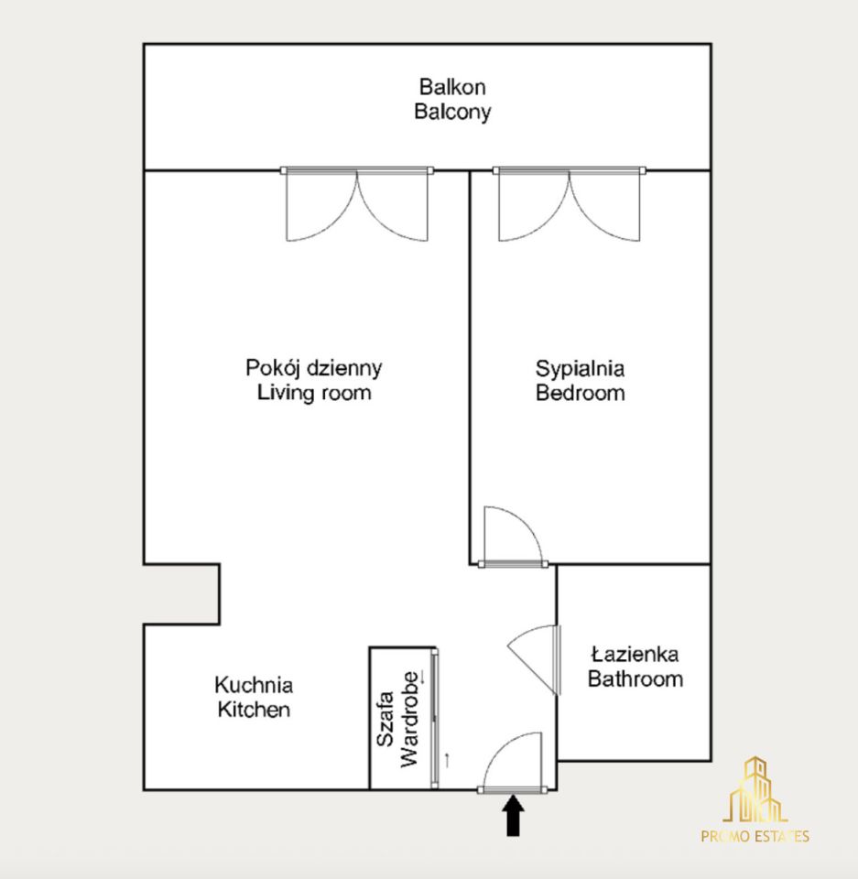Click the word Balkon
pos(452,87)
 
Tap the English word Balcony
pos(452,112)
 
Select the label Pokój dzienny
pos(313,368)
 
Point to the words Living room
pos(314,393)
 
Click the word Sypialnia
pos(580,369)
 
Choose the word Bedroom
pos(580,393)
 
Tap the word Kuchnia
pos(254,685)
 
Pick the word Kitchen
pos(254,709)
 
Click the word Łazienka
pos(635,654)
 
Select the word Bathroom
pos(635,678)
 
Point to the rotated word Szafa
pos(386,720)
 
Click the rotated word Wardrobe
pos(409,720)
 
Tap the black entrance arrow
pos(513,816)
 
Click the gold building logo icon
pos(755,789)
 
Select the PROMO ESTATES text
pos(755,836)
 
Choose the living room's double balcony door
pos(357,204)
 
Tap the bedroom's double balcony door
pos(570,204)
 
